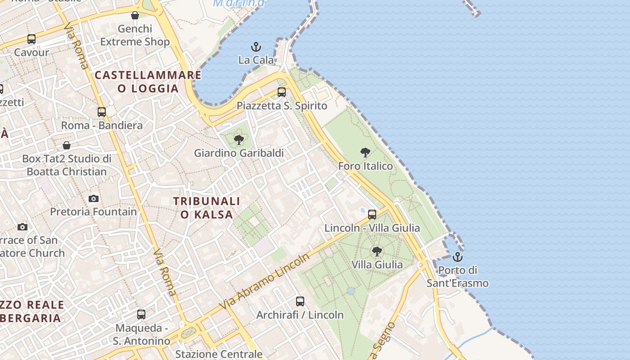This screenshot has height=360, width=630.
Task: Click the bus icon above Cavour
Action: (31, 39)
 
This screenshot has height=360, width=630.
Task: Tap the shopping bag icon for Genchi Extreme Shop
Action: (135, 15)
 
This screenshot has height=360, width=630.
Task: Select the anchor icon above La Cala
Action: (256, 47)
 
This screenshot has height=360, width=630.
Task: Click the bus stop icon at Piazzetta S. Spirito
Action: (282, 92)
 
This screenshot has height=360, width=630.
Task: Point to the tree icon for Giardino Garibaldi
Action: (239, 140)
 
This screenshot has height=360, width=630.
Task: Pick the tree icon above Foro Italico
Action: (365, 153)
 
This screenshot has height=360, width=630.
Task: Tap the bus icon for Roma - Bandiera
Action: (102, 112)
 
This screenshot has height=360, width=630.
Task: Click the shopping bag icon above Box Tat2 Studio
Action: (67, 145)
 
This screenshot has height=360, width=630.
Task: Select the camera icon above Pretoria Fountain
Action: (94, 198)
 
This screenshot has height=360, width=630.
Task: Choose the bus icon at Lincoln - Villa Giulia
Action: (372, 215)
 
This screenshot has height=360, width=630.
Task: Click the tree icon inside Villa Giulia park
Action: (377, 251)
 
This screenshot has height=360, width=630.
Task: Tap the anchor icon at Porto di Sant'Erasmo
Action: (458, 257)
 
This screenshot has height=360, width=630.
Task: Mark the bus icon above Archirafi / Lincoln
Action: (300, 301)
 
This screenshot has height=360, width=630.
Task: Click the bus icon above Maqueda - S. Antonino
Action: (141, 315)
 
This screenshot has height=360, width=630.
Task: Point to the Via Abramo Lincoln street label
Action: (265, 281)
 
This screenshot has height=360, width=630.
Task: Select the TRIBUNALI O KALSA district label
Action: (207, 207)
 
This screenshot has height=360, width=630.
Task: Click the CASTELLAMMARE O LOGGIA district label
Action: (148, 81)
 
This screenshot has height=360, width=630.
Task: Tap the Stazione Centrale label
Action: (219, 354)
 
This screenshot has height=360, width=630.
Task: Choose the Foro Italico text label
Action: (365, 166)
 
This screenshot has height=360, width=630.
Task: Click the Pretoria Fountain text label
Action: (94, 211)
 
